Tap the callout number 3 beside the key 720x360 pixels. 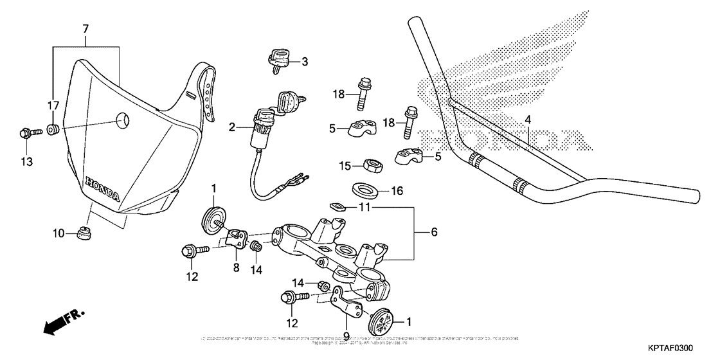(304, 62)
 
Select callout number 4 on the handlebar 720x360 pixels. (527, 119)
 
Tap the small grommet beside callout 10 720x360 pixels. (82, 233)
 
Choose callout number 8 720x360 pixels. (236, 267)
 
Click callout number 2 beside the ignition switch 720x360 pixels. (232, 128)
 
